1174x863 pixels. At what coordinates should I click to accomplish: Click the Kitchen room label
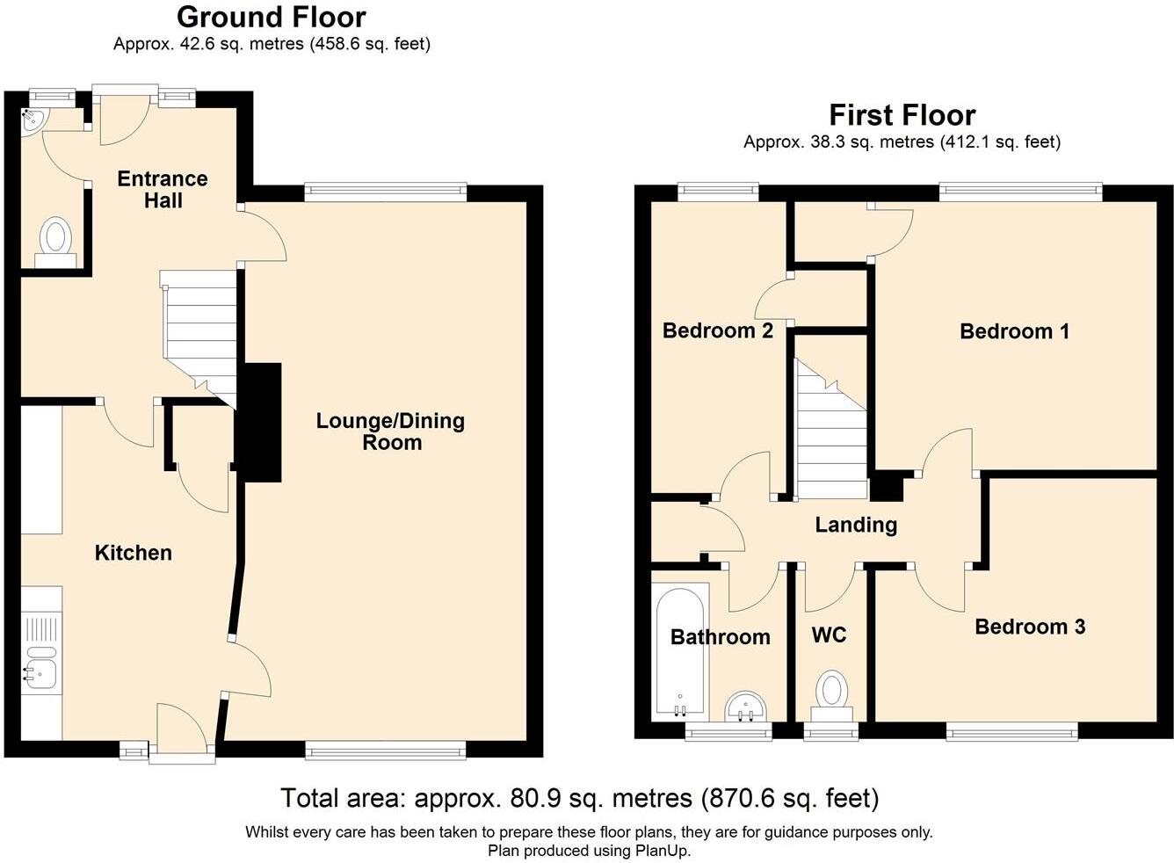point(133,553)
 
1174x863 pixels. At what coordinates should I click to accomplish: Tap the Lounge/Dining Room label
point(390,431)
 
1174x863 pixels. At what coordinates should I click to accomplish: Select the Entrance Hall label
point(163,189)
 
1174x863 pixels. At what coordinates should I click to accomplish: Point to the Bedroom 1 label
point(1014,331)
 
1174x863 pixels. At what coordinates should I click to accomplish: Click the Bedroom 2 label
point(718,330)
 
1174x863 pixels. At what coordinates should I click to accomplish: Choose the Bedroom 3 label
point(1030,627)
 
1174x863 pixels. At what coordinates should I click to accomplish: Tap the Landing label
point(856,526)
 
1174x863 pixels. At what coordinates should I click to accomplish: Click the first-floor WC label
point(830,635)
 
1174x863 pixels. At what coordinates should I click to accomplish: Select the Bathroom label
point(720,637)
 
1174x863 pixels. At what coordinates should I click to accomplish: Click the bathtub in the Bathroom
point(680,651)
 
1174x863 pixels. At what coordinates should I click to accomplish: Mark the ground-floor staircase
point(198,337)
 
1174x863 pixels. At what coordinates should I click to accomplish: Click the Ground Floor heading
point(271,18)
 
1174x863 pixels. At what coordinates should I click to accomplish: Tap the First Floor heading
point(902,115)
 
